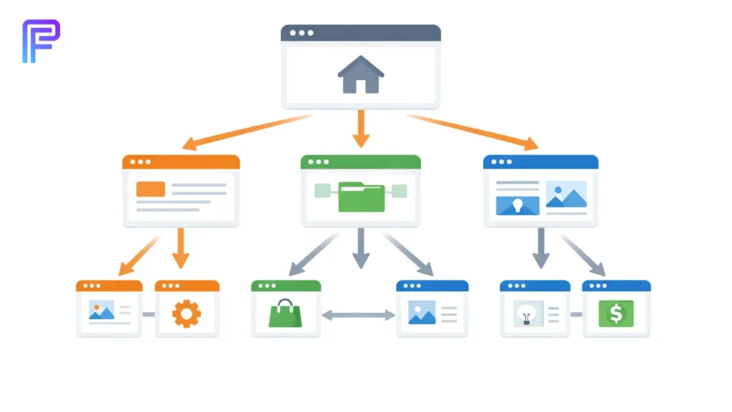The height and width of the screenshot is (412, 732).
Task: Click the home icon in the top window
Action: pos(361,75)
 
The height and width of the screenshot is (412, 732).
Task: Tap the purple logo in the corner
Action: pos(40,41)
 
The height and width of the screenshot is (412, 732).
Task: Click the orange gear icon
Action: pos(187,313)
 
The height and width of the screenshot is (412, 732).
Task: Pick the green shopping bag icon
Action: pos(285,313)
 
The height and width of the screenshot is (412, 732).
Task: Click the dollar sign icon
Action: pos(616,313)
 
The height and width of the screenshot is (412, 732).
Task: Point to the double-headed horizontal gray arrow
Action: pos(359,314)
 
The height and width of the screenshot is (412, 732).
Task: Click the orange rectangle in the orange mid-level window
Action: pos(150,189)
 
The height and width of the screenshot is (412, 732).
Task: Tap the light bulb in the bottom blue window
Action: pos(528,313)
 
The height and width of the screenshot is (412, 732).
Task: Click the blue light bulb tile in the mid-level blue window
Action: pos(518,205)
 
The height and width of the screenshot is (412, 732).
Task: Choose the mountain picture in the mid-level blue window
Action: pos(566,194)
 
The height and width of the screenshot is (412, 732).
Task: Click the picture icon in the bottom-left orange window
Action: pos(102,310)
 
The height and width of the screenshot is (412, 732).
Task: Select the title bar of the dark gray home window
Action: pos(361,33)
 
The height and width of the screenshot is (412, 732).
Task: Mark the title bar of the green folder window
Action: pos(360,162)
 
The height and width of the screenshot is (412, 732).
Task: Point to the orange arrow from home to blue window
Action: pos(472,132)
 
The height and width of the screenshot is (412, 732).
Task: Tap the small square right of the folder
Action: pos(399,190)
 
